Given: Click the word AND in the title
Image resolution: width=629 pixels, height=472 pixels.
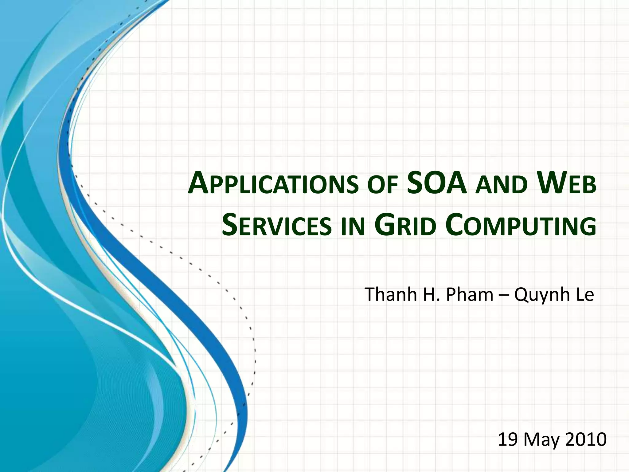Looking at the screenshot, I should (501, 186).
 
